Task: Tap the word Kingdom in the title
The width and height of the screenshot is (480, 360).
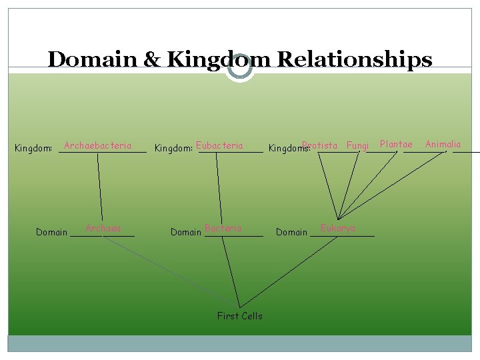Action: (219, 59)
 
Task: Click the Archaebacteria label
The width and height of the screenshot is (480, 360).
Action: (97, 145)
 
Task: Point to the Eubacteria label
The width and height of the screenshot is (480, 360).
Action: (220, 145)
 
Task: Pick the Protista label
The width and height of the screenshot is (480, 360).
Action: (320, 145)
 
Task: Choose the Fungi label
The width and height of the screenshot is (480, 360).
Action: (358, 145)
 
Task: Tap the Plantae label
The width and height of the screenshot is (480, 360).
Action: (396, 144)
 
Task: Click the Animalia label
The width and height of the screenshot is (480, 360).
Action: (443, 144)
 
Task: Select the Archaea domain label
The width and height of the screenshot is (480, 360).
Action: (103, 228)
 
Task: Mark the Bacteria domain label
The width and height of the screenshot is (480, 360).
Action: (223, 228)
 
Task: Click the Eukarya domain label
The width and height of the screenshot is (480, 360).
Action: (338, 228)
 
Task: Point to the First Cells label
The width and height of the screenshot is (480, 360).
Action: (240, 316)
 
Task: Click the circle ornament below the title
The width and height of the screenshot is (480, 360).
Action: (240, 67)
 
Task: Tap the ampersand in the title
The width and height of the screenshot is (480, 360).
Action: (153, 59)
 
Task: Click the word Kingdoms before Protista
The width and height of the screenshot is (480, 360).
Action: (284, 148)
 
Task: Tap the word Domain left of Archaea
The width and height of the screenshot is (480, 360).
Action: (52, 232)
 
